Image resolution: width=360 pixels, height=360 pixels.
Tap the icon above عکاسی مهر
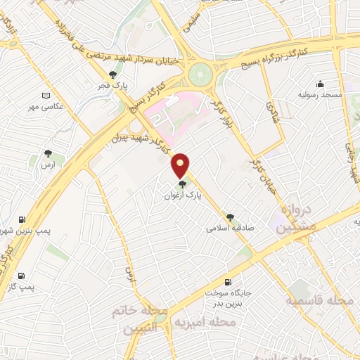click(x=47, y=95)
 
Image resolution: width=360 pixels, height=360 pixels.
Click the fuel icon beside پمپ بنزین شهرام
click(x=24, y=219)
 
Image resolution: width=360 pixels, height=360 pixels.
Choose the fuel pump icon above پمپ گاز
click(x=21, y=276)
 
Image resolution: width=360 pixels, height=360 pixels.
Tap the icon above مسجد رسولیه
click(x=321, y=83)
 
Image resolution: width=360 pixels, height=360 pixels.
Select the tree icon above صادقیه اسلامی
click(x=230, y=216)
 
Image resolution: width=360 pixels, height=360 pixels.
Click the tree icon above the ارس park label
click(x=48, y=153)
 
